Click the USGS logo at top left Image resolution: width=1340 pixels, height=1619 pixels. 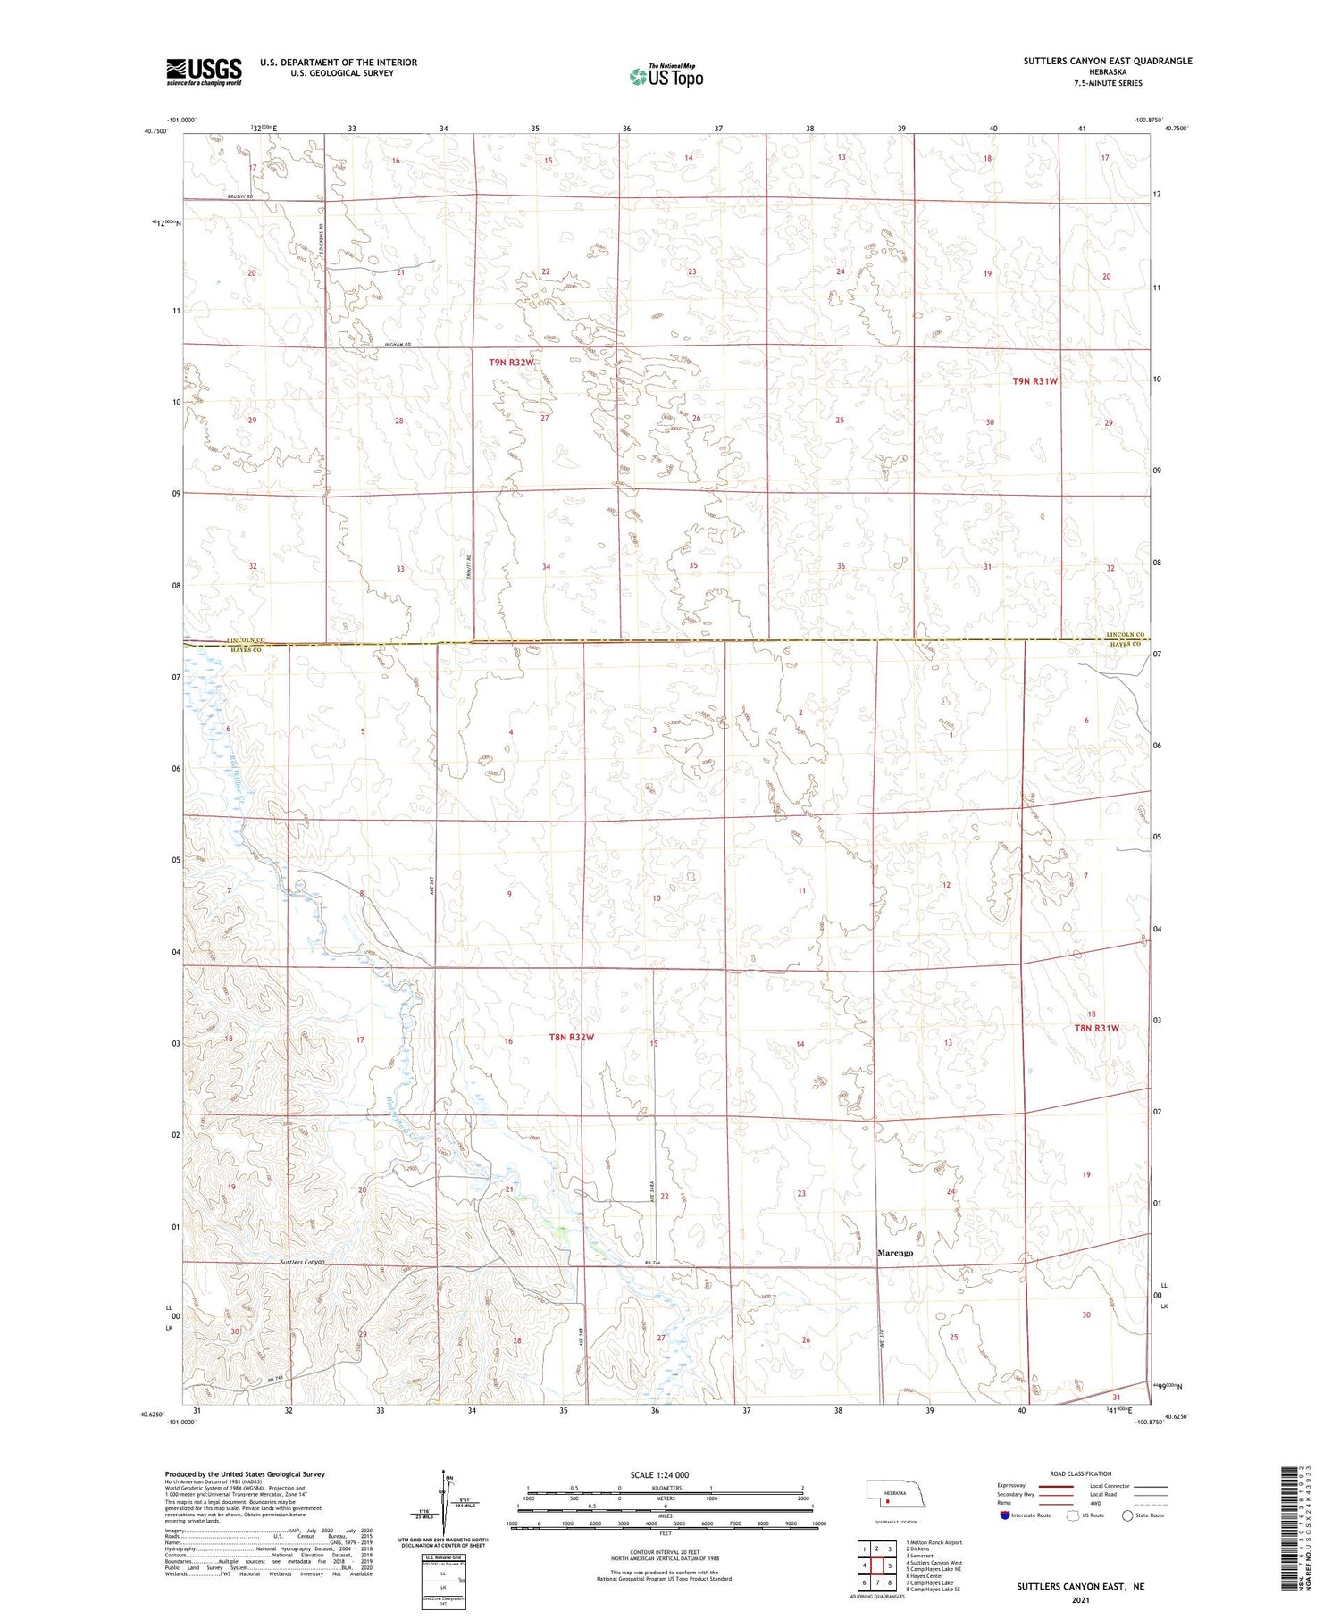(204, 71)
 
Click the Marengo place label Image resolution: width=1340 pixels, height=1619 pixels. (894, 1253)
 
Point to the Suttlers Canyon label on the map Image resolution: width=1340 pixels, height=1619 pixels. (301, 1262)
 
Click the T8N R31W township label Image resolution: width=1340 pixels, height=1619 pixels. (1095, 1028)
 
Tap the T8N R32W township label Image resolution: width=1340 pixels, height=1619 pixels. (571, 1038)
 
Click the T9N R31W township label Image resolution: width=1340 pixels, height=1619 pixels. (1034, 381)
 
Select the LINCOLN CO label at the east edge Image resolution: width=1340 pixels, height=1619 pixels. (1124, 635)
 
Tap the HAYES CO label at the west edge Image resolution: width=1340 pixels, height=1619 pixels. (246, 650)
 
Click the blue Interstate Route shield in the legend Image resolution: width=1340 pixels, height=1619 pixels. (1004, 1515)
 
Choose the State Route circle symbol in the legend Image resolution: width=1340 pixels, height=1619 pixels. (1127, 1515)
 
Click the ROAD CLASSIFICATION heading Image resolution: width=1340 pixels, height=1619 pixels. (1081, 1473)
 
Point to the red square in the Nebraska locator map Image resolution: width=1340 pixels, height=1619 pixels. (887, 1501)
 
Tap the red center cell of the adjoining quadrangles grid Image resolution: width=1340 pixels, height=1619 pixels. (877, 1565)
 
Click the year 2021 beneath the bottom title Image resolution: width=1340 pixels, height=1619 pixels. (1079, 1600)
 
